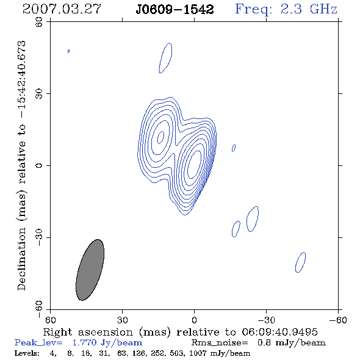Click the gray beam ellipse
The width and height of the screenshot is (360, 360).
pos(90,270)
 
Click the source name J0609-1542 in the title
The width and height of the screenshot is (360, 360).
pos(175,10)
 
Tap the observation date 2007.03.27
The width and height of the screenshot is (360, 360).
pos(62,9)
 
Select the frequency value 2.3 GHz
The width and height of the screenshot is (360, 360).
pos(309,9)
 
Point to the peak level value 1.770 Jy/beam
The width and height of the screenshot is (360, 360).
pos(107,343)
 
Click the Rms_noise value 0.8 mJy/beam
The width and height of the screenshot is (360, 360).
pos(291,343)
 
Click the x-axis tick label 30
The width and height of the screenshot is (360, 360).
pos(123,320)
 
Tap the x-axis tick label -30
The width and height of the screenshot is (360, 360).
pos(266,320)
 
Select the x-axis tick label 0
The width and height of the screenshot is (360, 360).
pos(194,320)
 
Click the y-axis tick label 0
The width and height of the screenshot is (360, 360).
pos(39,165)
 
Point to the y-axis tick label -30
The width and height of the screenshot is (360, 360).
pos(39,237)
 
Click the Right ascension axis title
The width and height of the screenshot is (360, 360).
pos(180,332)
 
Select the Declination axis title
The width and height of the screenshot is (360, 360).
pos(21,165)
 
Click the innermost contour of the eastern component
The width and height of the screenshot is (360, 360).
pos(161,137)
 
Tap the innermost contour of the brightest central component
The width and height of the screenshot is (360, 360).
pos(195,164)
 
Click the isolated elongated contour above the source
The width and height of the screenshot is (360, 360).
pos(165,58)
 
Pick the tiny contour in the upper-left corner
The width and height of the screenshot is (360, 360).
pos(68,51)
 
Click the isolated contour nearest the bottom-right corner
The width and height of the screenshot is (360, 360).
pos(300,262)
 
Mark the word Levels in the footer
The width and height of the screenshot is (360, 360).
pos(27,353)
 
